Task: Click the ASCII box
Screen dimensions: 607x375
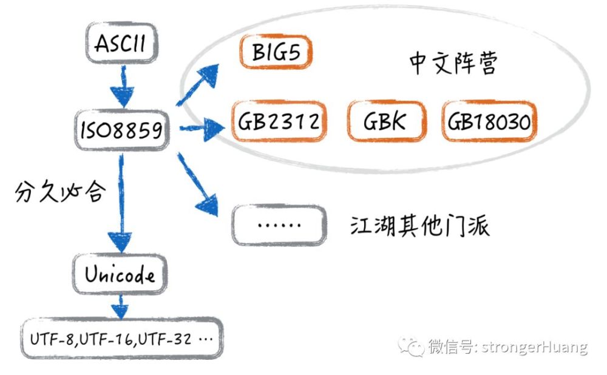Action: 121,42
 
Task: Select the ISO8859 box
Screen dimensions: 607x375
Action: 122,130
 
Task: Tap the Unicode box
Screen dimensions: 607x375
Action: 120,274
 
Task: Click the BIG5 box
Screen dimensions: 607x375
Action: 276,52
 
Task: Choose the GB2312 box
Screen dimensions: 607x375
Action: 279,121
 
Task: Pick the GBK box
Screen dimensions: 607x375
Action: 387,121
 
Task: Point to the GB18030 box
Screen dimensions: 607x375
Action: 489,121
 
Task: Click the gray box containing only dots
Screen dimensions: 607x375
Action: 279,225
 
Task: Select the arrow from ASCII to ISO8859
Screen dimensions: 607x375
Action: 123,86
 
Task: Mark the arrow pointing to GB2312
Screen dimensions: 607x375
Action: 202,128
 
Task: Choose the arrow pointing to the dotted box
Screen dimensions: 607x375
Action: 197,184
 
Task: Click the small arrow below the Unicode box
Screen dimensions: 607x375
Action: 120,307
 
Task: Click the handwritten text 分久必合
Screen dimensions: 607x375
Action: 60,191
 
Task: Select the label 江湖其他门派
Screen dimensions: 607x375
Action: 420,226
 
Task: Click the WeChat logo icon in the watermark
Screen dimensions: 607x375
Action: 411,346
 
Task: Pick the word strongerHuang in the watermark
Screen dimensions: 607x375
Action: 534,346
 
